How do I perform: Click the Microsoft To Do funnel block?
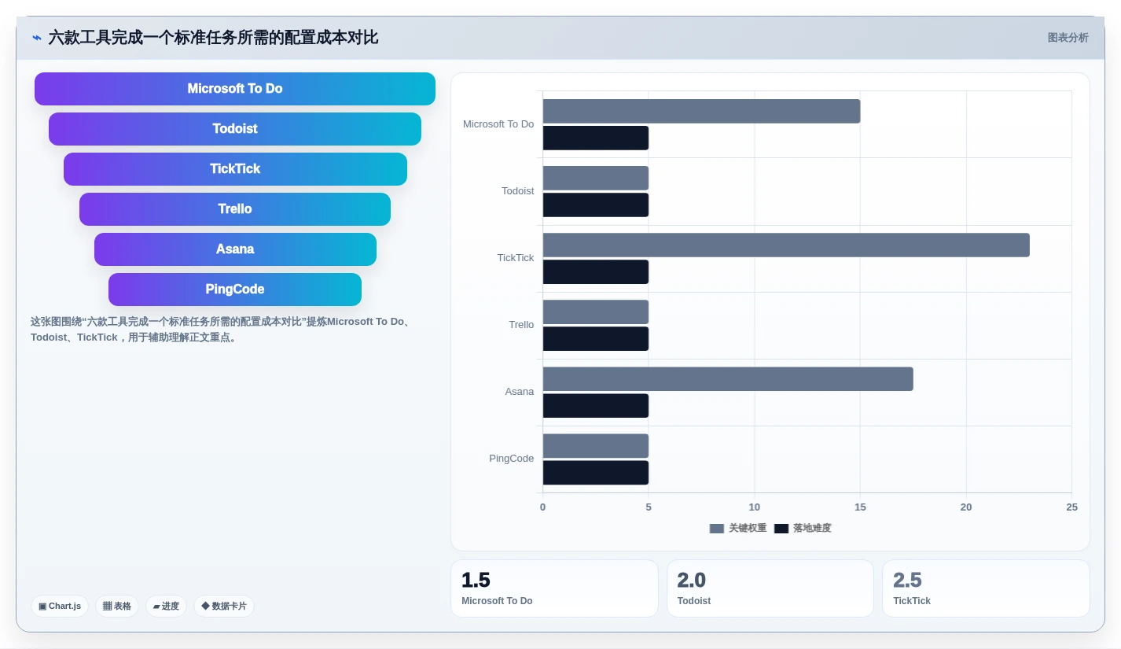(235, 89)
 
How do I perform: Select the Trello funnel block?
(235, 208)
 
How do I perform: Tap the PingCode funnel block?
(235, 289)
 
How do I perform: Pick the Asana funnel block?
(235, 249)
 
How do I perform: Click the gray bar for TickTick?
(786, 245)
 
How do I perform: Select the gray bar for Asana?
(728, 378)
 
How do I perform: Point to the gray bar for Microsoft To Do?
(702, 111)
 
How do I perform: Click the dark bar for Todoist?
(596, 205)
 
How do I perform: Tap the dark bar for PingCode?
(596, 472)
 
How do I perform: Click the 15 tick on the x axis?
(860, 507)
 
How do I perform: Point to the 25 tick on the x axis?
(1071, 507)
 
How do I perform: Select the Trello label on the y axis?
(521, 324)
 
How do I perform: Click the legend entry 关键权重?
(738, 528)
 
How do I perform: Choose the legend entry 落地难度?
(803, 528)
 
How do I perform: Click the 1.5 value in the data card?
(476, 580)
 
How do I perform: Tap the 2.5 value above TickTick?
(907, 580)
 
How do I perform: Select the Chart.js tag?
(60, 606)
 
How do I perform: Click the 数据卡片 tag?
(224, 606)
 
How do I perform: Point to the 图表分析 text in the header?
(1068, 38)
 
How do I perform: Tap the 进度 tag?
(166, 606)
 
